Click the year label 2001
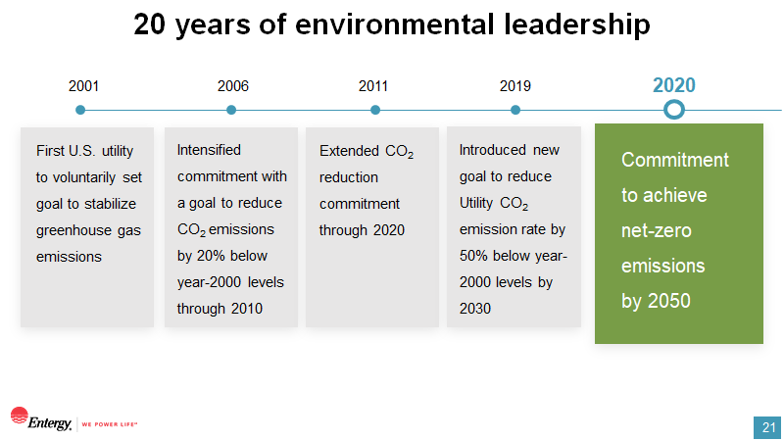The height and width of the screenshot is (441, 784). [x=83, y=86]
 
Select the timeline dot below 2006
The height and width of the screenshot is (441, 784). [x=231, y=110]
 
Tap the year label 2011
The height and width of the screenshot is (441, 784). [x=373, y=86]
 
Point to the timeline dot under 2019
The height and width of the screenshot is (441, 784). [x=515, y=110]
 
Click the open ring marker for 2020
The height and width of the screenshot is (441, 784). [x=674, y=101]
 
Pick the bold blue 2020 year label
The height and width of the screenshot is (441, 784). [x=674, y=85]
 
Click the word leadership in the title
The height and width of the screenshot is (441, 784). [x=576, y=24]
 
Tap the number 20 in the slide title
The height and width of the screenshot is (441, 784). [x=149, y=24]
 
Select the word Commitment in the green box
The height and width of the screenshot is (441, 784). [x=675, y=160]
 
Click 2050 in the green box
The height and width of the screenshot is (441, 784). [x=669, y=301]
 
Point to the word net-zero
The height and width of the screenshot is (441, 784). [x=657, y=231]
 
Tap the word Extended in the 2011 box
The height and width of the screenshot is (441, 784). [x=350, y=151]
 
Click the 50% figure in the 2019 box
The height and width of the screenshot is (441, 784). [x=474, y=256]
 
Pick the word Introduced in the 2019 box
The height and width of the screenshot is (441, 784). [x=493, y=150]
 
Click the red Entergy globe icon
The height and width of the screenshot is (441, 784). [x=19, y=416]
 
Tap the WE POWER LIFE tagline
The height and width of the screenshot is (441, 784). [x=110, y=424]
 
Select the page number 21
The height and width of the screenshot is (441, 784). [x=768, y=428]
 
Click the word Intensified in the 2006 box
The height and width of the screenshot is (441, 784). [x=209, y=150]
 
